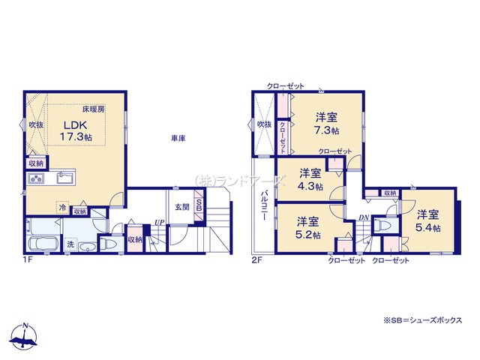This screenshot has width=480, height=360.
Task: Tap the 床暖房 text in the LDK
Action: point(93,109)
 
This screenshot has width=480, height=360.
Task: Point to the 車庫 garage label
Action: point(178,139)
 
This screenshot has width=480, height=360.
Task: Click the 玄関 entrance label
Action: point(182,207)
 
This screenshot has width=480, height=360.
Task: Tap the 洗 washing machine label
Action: point(70,244)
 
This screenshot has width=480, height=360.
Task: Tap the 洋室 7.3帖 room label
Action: point(326,122)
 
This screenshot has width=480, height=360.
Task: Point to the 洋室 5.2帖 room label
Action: point(306,227)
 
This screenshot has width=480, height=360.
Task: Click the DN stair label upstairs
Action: point(363,217)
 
